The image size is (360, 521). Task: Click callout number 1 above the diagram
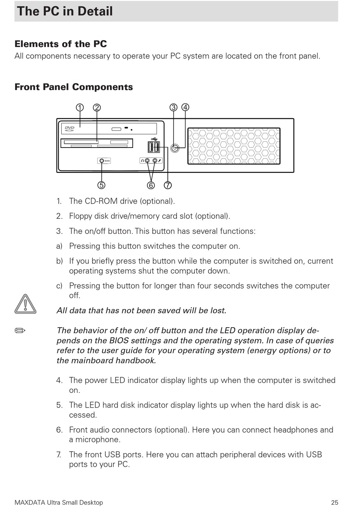click(80, 107)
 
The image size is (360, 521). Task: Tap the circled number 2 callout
click(97, 107)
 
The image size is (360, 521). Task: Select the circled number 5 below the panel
click(101, 185)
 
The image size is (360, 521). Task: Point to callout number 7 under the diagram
click(168, 185)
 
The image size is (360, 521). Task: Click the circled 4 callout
click(185, 107)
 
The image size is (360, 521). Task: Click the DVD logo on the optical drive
click(70, 129)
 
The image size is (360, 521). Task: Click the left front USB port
click(151, 147)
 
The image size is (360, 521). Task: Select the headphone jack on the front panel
click(147, 161)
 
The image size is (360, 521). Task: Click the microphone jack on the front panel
click(155, 161)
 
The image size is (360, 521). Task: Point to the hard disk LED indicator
click(102, 161)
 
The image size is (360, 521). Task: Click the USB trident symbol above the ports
click(153, 139)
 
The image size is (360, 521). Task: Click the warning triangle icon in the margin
click(25, 304)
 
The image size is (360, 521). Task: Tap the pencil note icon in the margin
click(20, 331)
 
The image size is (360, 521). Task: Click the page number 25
click(334, 502)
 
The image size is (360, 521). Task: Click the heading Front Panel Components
click(74, 87)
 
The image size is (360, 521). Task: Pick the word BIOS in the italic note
click(119, 341)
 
